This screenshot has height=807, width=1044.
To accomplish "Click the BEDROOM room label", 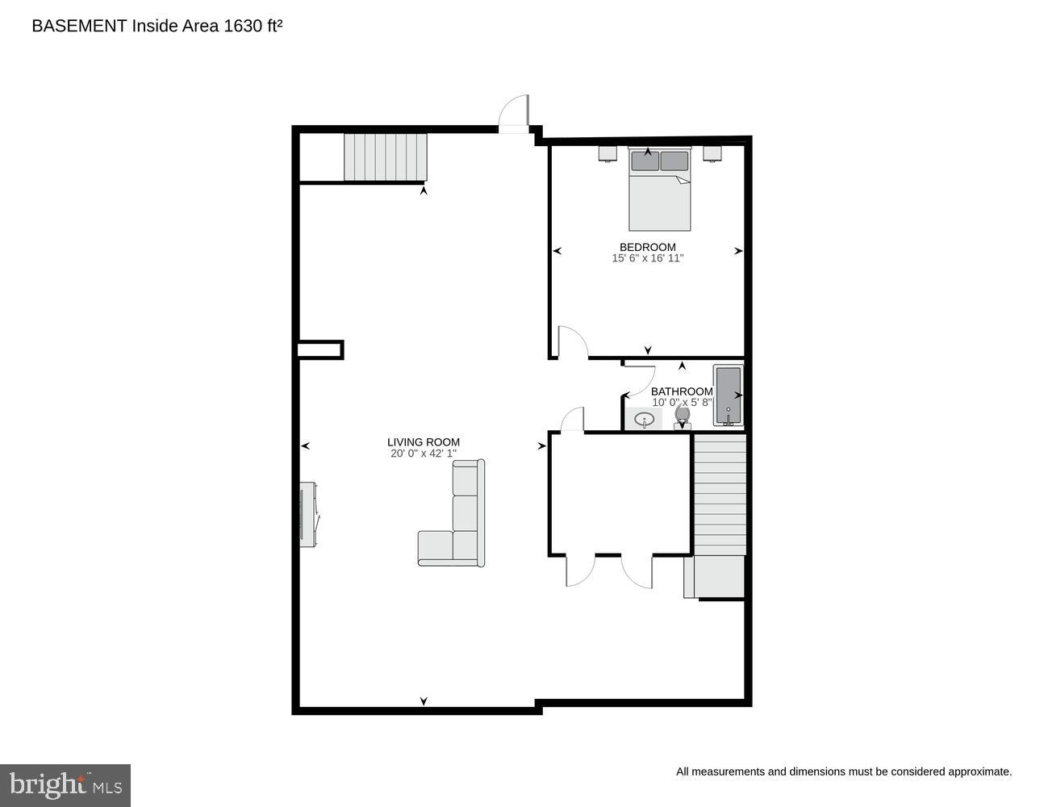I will [647, 247].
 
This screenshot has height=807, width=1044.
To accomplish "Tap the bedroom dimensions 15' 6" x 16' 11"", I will [647, 258].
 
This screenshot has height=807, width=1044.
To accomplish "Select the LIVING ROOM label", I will [423, 441].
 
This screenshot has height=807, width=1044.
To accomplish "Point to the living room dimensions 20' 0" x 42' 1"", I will [423, 454].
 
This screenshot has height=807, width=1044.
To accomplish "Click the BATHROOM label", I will [682, 391].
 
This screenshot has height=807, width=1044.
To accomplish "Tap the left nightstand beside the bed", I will [608, 153].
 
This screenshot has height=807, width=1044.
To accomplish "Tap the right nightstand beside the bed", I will [712, 153].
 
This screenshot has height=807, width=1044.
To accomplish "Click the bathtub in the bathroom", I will [728, 395].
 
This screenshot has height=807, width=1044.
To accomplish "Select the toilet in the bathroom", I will [683, 417].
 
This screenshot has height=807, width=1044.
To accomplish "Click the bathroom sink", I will [644, 419].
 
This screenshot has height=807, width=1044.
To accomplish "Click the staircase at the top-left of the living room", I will [385, 157].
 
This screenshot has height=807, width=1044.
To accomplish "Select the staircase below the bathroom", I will [720, 494].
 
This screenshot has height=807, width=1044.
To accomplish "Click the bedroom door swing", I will [571, 343].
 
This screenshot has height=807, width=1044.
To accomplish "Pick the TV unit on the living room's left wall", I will [307, 514].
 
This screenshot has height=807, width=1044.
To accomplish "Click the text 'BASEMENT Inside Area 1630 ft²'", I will [157, 26].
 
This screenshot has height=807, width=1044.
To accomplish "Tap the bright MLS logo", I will [65, 785].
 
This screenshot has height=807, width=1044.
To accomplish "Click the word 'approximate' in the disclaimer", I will [979, 771].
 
